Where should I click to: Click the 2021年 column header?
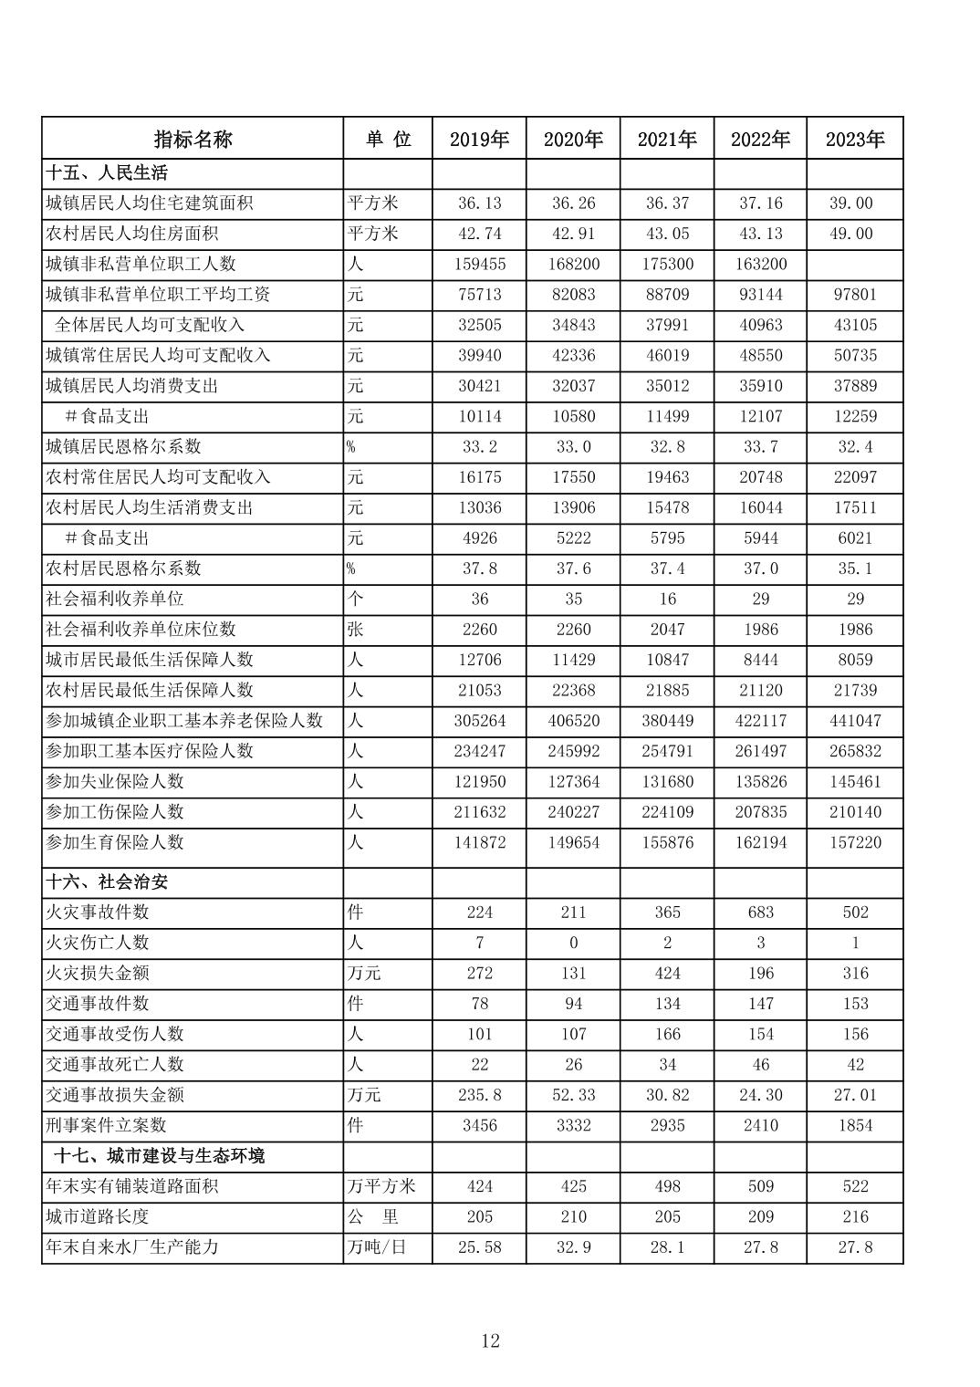click(x=667, y=139)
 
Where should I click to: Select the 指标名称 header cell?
click(x=193, y=139)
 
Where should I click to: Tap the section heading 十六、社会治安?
click(x=108, y=881)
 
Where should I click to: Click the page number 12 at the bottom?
click(x=490, y=1340)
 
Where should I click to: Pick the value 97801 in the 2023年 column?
click(x=855, y=294)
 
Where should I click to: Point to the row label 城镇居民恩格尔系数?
click(x=123, y=446)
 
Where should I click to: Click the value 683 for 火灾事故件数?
click(x=760, y=912)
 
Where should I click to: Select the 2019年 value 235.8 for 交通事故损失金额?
click(x=479, y=1094)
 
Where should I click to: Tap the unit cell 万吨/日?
click(x=376, y=1246)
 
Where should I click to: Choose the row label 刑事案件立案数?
click(x=106, y=1125)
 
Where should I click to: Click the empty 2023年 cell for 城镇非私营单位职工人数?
click(x=855, y=264)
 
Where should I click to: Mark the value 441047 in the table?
click(x=855, y=720)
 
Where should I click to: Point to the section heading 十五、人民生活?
click(x=107, y=172)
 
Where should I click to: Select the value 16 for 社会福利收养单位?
click(x=667, y=599)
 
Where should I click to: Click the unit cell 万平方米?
click(x=381, y=1185)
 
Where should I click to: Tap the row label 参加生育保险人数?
click(x=115, y=842)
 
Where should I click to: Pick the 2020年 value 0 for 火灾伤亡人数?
click(x=573, y=943)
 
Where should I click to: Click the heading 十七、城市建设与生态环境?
click(x=159, y=1155)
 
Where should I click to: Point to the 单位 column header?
click(x=389, y=139)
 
